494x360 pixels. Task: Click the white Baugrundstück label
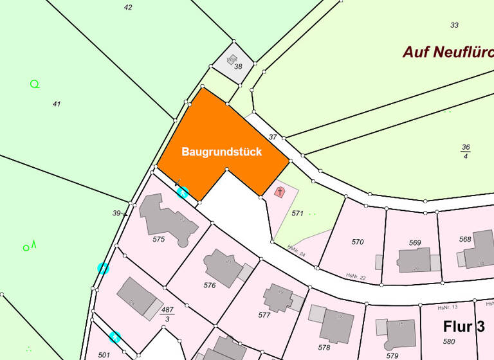[221, 152]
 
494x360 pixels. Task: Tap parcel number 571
[297, 213]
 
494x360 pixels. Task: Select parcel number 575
[159, 239]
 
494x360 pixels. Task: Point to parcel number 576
[210, 285]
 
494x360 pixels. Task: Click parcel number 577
[264, 315]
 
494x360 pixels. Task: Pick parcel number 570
[358, 242]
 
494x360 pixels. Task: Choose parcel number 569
[415, 243]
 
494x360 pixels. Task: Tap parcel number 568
[465, 239]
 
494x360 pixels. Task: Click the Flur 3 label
[463, 326]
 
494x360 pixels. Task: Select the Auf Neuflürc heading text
[448, 52]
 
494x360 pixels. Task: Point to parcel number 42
[128, 8]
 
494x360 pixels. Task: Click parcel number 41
[57, 104]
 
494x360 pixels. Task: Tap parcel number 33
[455, 25]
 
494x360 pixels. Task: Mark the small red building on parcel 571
[280, 192]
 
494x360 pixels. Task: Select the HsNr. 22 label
[355, 276]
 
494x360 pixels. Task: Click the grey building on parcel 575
[165, 219]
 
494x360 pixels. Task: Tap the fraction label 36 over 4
[466, 151]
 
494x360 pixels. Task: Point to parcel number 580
[449, 341]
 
